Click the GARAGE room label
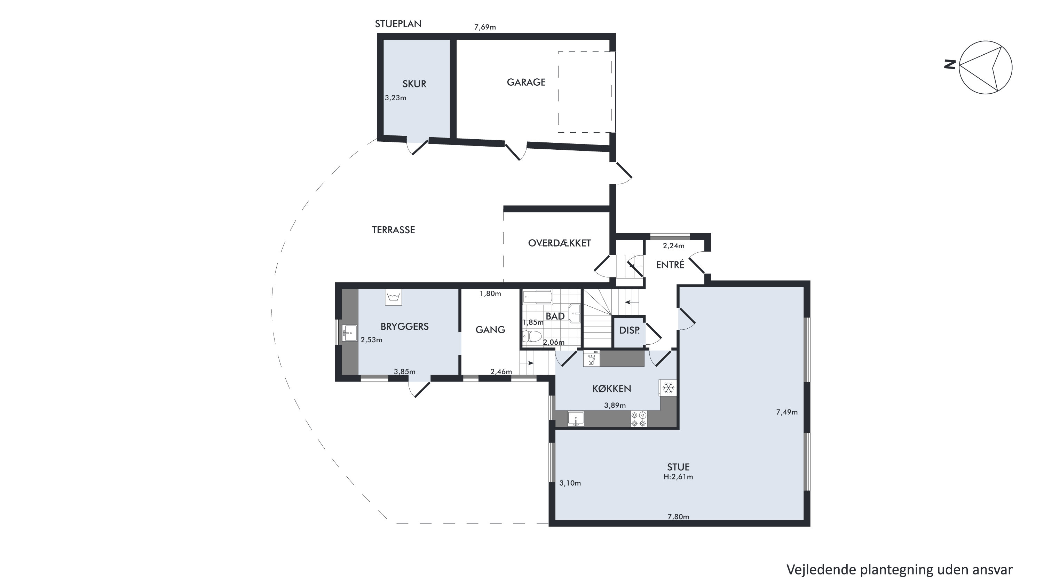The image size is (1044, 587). pos(526,82)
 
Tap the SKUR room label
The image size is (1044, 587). pos(414,84)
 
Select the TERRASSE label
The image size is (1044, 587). pos(393,230)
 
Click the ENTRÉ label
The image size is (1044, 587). pos(670,264)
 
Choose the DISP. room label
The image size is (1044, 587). pos(630,330)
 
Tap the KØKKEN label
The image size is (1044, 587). pos(611,389)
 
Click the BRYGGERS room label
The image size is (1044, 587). pos(404,326)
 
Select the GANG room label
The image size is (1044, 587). pos(490,330)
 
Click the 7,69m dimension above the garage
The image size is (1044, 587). pos(485,27)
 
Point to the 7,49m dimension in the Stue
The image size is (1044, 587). pos(786,412)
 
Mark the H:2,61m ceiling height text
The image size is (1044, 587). pos(678,477)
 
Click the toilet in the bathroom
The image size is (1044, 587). pos(532,336)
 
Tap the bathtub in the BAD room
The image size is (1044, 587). pos(538,297)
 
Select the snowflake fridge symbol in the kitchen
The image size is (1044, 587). pos(668,388)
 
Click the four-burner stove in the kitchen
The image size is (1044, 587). pos(639,419)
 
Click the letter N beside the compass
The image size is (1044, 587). pos(950,64)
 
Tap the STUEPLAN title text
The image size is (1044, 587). pos(398,24)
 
